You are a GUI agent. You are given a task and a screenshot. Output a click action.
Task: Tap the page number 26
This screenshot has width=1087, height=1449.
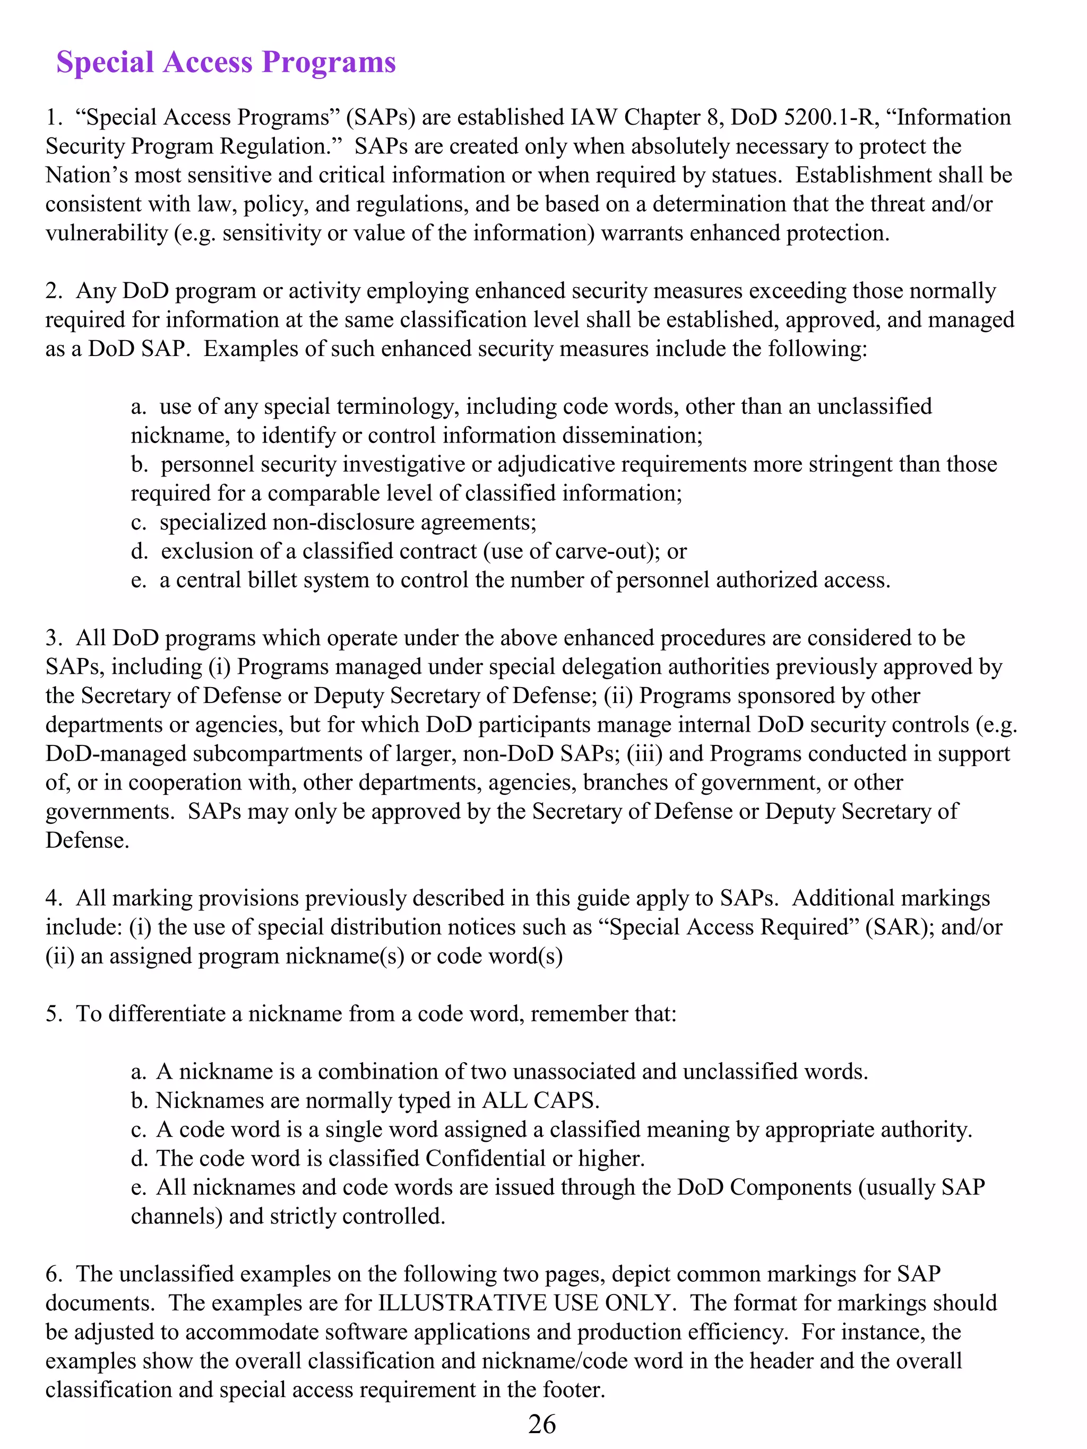tap(542, 1424)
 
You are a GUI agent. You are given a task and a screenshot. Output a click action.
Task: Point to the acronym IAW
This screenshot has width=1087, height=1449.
tap(593, 117)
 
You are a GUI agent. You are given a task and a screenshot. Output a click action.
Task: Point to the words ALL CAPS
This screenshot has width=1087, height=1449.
tap(540, 1100)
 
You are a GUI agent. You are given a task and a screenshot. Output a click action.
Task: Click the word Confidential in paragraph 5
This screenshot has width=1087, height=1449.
tap(485, 1158)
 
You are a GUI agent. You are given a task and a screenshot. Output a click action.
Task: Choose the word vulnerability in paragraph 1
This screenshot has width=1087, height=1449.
tap(106, 233)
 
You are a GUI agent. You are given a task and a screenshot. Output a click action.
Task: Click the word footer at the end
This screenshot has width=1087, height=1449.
tap(573, 1390)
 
